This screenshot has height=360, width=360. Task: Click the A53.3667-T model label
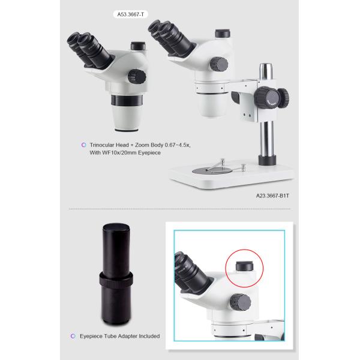(130, 14)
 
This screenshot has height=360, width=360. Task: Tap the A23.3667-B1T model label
(272, 196)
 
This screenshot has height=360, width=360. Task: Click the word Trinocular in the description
(101, 145)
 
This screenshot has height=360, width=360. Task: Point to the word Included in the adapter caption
(149, 336)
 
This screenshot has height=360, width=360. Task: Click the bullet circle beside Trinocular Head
(84, 145)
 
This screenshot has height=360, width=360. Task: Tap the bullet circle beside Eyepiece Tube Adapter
(73, 336)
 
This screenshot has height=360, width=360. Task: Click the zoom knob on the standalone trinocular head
(137, 76)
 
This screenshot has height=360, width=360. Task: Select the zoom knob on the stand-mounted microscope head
(219, 64)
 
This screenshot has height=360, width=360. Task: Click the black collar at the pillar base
(267, 160)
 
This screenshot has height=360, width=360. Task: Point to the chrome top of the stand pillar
(266, 71)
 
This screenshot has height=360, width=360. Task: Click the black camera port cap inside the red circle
(245, 266)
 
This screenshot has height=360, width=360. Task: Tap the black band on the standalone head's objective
(127, 101)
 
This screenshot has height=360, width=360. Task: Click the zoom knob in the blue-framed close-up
(241, 302)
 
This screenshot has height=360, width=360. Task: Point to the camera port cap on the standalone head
(138, 46)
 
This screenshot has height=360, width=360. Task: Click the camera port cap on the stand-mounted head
(223, 33)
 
